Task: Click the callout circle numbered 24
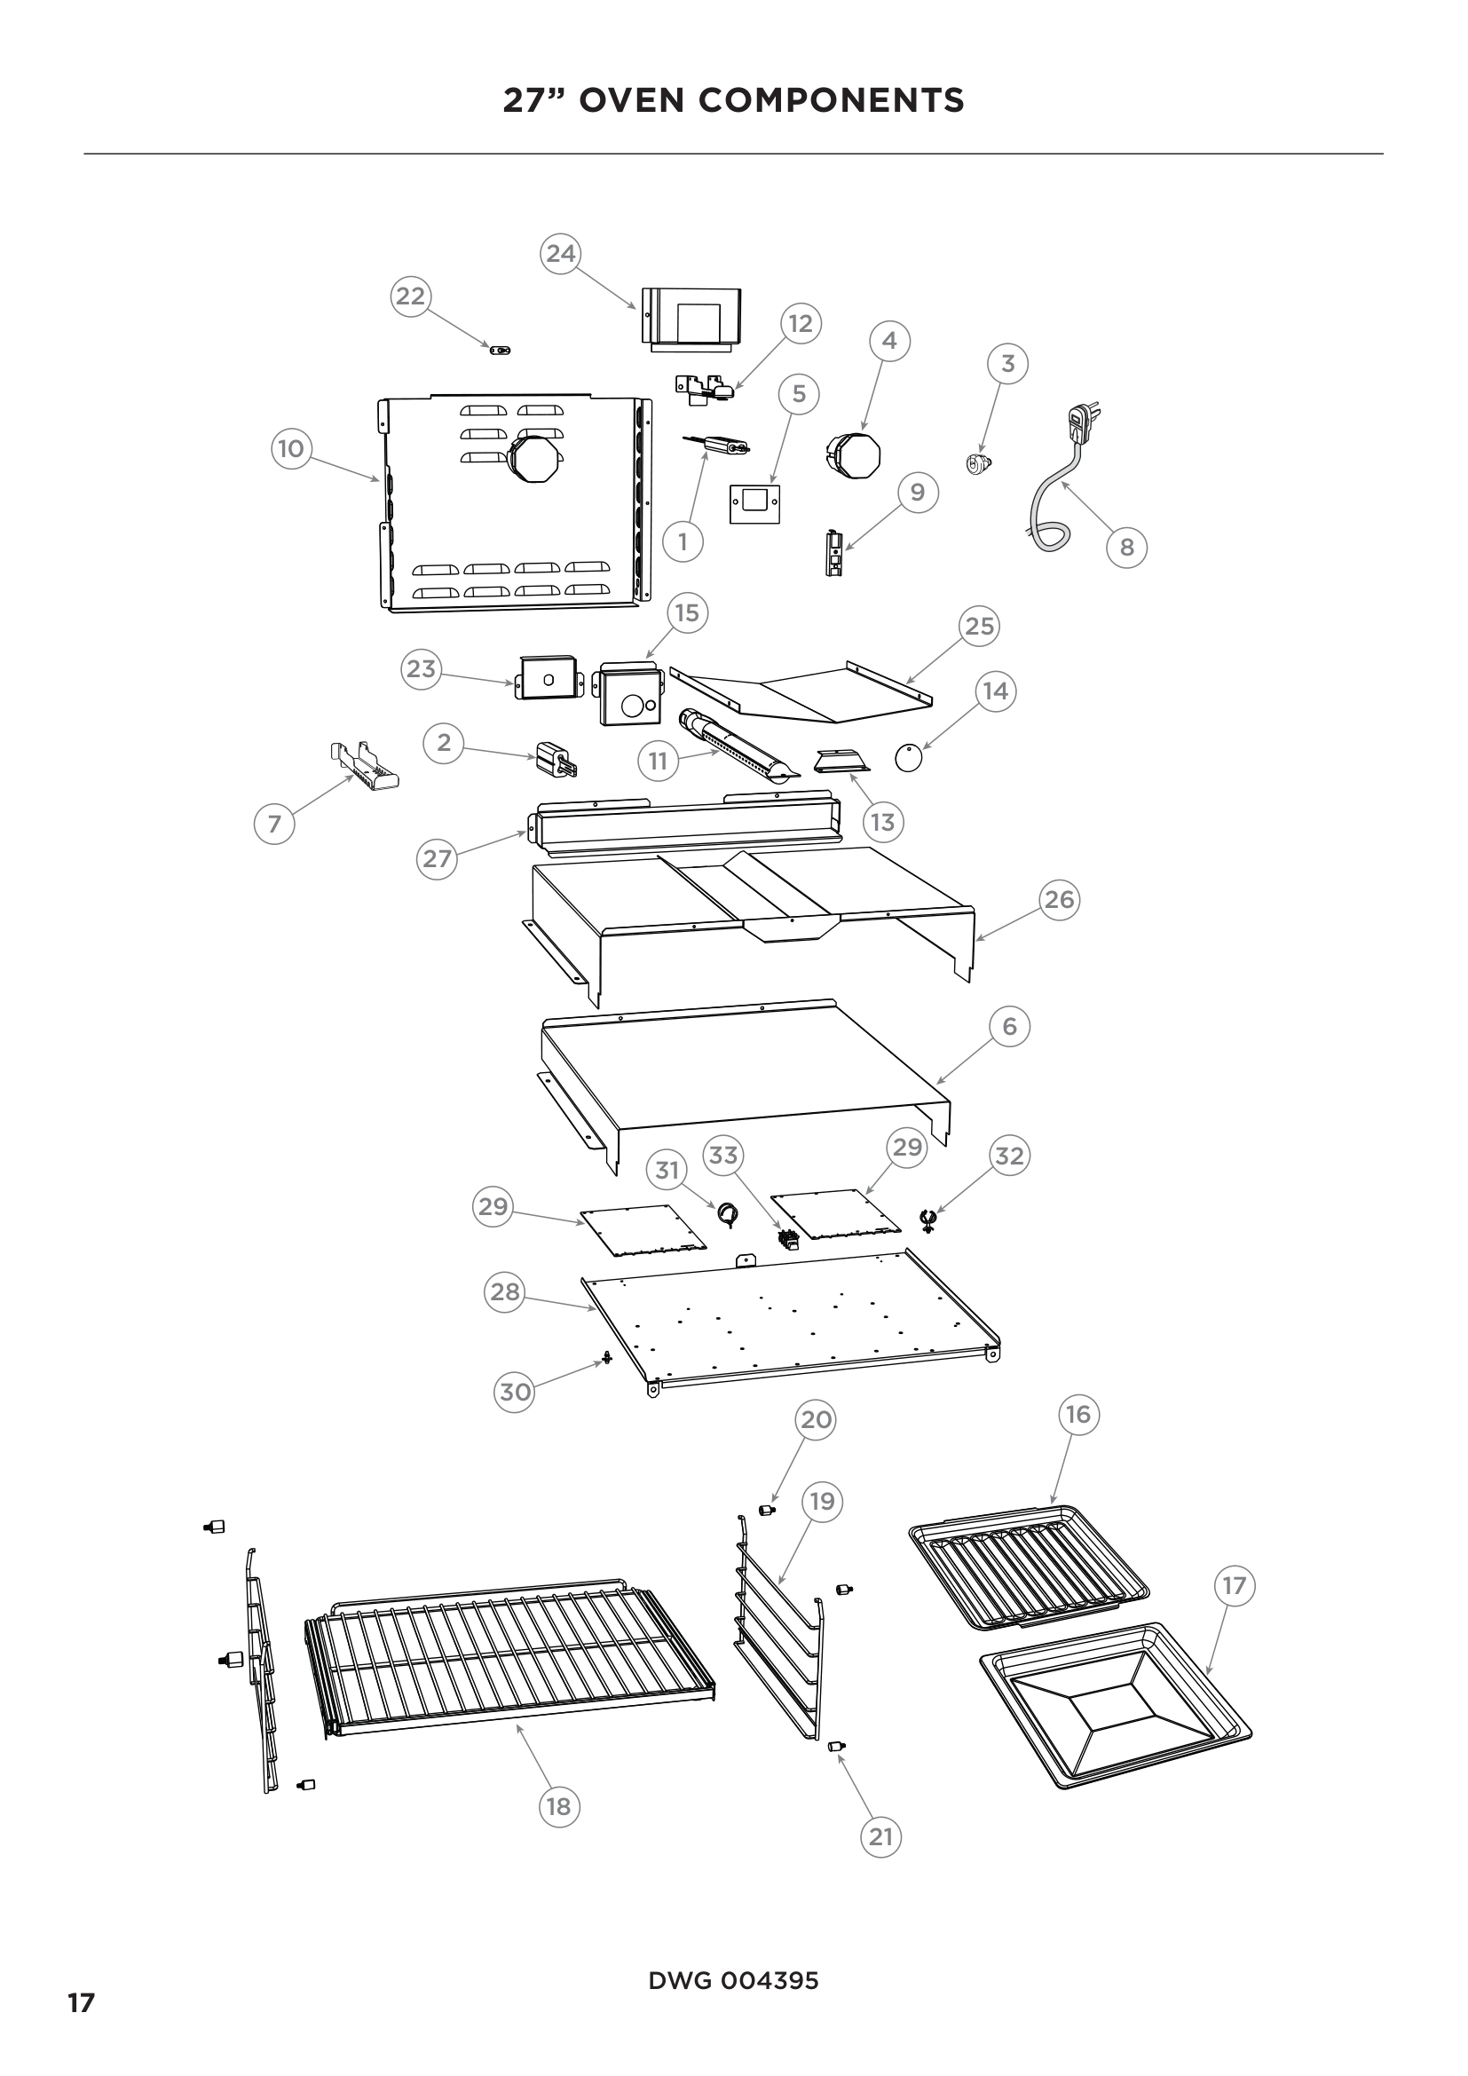coord(560,253)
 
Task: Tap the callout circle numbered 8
coord(1126,547)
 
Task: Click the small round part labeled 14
coord(909,758)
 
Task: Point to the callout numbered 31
coord(667,1170)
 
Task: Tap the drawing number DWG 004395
coord(733,1980)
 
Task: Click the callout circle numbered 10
coord(291,448)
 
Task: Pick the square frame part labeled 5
coord(754,503)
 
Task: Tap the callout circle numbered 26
coord(1059,900)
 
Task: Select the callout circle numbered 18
coord(558,1805)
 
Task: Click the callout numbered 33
coord(722,1155)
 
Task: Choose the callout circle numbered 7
coord(274,824)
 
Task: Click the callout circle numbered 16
coord(1078,1414)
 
